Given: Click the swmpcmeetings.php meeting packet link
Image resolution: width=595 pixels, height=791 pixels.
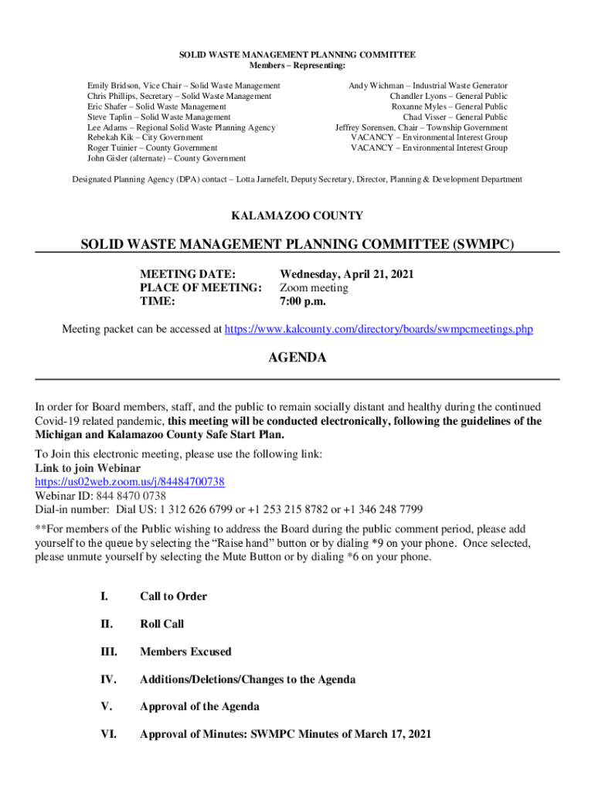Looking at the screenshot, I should (379, 330).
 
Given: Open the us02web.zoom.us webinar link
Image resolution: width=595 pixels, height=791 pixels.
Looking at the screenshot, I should (130, 481).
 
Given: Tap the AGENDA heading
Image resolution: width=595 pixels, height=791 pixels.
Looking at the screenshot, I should (297, 358).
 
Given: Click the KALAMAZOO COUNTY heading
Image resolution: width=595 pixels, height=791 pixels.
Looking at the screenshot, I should (297, 216).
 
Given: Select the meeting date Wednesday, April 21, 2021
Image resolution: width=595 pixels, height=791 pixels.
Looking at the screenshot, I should (341, 274).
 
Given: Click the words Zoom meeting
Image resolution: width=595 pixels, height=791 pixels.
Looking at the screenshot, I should (314, 288).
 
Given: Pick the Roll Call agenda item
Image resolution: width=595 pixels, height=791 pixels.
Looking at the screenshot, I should (161, 624).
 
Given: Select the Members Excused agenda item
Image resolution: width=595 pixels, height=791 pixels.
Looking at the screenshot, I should (185, 652).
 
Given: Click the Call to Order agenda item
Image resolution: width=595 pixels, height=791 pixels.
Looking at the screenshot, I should (173, 596).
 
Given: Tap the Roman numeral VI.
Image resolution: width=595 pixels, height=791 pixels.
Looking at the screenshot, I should (109, 735).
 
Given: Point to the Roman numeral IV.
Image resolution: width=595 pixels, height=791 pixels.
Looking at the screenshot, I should (108, 680).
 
